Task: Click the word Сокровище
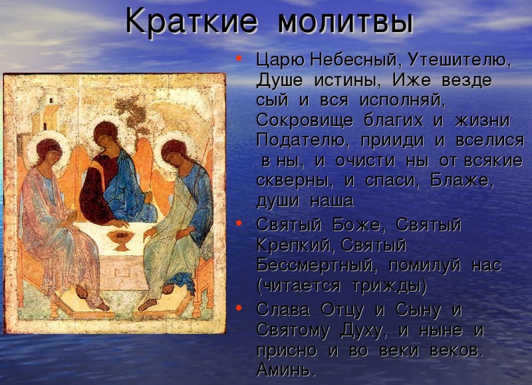click(x=305, y=121)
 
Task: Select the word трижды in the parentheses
click(x=386, y=286)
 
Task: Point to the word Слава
click(x=283, y=310)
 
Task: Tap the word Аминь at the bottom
click(x=284, y=370)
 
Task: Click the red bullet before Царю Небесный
click(x=239, y=57)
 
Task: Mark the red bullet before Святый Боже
click(x=239, y=223)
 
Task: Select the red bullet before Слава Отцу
click(x=239, y=308)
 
